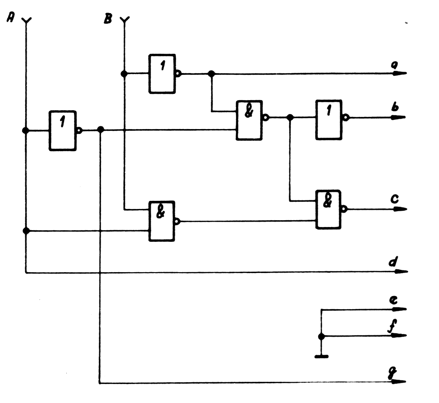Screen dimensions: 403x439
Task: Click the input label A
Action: click(11, 18)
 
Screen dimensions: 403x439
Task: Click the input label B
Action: click(108, 19)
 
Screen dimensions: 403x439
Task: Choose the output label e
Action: click(394, 300)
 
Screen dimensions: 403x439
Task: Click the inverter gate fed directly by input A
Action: click(63, 130)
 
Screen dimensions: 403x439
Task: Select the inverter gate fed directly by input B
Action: click(162, 74)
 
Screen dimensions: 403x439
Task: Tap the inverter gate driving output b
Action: click(329, 119)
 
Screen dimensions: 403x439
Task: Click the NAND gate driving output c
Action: click(328, 209)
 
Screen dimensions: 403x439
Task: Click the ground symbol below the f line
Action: click(321, 356)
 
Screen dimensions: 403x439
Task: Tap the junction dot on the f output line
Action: click(321, 336)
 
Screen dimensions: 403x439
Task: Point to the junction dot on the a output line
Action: click(211, 74)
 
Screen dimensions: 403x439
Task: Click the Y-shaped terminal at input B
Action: click(124, 20)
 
